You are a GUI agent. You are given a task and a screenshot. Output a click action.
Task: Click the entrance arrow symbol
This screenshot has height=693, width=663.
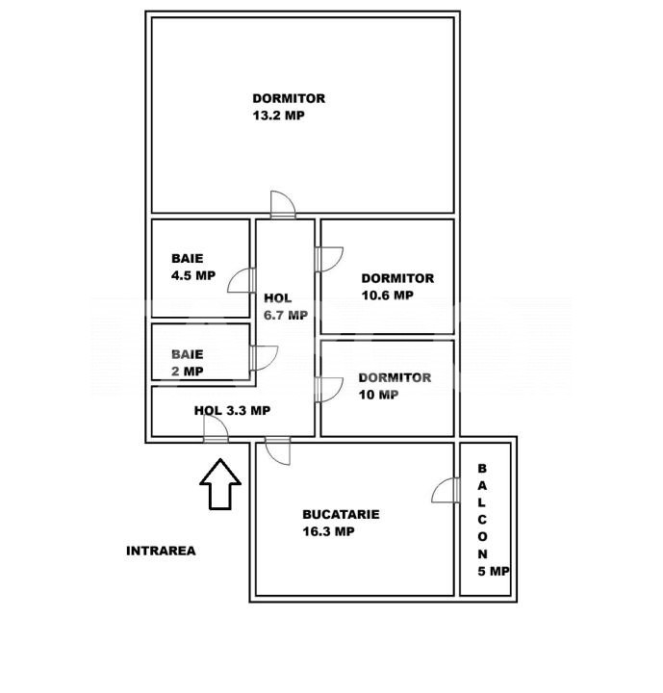coord(220,484)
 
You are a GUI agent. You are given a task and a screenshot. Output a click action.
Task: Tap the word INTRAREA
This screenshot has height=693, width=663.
coord(161,551)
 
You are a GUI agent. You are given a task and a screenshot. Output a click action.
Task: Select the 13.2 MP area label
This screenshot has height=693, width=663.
coord(278,115)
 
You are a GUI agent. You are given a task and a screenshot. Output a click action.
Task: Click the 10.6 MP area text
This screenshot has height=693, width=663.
coord(387,295)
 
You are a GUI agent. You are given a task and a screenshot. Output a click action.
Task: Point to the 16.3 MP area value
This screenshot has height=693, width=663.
coord(328,531)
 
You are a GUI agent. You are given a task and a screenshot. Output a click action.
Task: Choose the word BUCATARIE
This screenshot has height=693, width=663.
coord(341,514)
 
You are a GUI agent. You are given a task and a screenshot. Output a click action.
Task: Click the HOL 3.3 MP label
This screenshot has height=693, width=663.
coord(232,411)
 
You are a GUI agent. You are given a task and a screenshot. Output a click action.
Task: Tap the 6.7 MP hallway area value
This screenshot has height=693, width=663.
coord(286,315)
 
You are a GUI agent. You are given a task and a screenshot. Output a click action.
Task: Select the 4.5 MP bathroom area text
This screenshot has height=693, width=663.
coord(193,275)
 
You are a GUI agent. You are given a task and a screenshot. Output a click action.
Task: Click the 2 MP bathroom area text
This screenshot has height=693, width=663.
coord(188,372)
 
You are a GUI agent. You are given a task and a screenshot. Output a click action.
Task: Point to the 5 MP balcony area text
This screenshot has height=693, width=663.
coord(494,571)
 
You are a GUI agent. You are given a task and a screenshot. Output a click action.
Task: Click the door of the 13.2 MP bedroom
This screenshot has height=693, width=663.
coord(283,205)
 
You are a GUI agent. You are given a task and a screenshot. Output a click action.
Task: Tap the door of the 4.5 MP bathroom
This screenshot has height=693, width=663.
coord(242,280)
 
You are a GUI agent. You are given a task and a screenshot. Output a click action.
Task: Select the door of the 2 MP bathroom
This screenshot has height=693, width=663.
coord(264,358)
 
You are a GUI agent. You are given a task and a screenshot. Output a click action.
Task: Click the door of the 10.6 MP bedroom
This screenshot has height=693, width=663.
coord(329,260)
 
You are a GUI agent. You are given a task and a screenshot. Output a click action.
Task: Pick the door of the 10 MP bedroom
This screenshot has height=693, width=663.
coord(329,390)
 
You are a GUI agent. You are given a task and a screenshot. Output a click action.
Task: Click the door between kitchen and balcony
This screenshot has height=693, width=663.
coord(446,490)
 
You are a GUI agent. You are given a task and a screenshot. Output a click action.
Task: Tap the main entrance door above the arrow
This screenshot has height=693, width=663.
coord(216,428)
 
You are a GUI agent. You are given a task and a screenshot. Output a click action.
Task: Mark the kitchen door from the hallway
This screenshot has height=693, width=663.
coord(277,450)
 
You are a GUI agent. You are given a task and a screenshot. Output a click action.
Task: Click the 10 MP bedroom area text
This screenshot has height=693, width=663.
coord(378,395)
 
